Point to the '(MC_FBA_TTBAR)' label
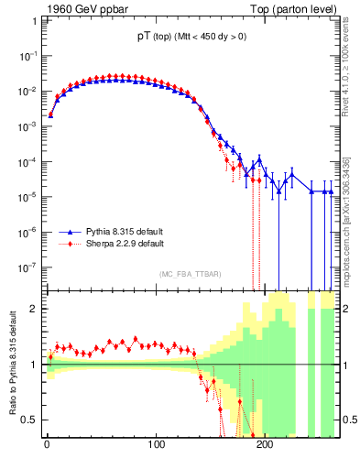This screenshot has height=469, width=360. (190, 274)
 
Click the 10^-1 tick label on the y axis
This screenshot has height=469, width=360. (27, 56)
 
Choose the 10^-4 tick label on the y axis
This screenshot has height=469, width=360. (27, 162)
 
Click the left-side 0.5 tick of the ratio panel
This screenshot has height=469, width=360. (28, 420)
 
